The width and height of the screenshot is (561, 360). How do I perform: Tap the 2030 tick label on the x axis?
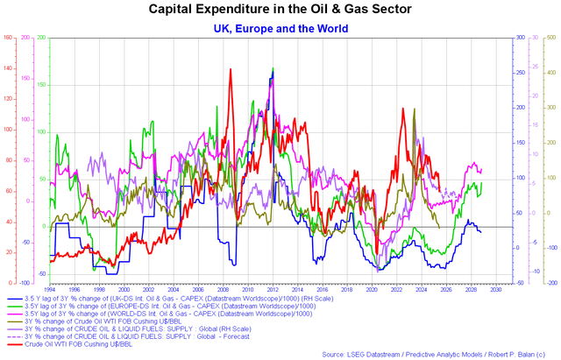point(495,288)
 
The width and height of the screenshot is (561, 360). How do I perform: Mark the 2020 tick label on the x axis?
point(375,288)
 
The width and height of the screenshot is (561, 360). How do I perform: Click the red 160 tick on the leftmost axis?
point(7,38)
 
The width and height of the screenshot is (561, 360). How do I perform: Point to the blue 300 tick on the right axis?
point(519,38)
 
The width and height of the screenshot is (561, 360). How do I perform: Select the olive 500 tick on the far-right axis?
point(552,38)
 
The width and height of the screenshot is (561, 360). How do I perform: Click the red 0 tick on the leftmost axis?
point(9,283)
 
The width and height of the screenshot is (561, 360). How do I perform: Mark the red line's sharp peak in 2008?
point(230,70)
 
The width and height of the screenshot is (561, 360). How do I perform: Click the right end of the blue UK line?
point(480,231)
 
